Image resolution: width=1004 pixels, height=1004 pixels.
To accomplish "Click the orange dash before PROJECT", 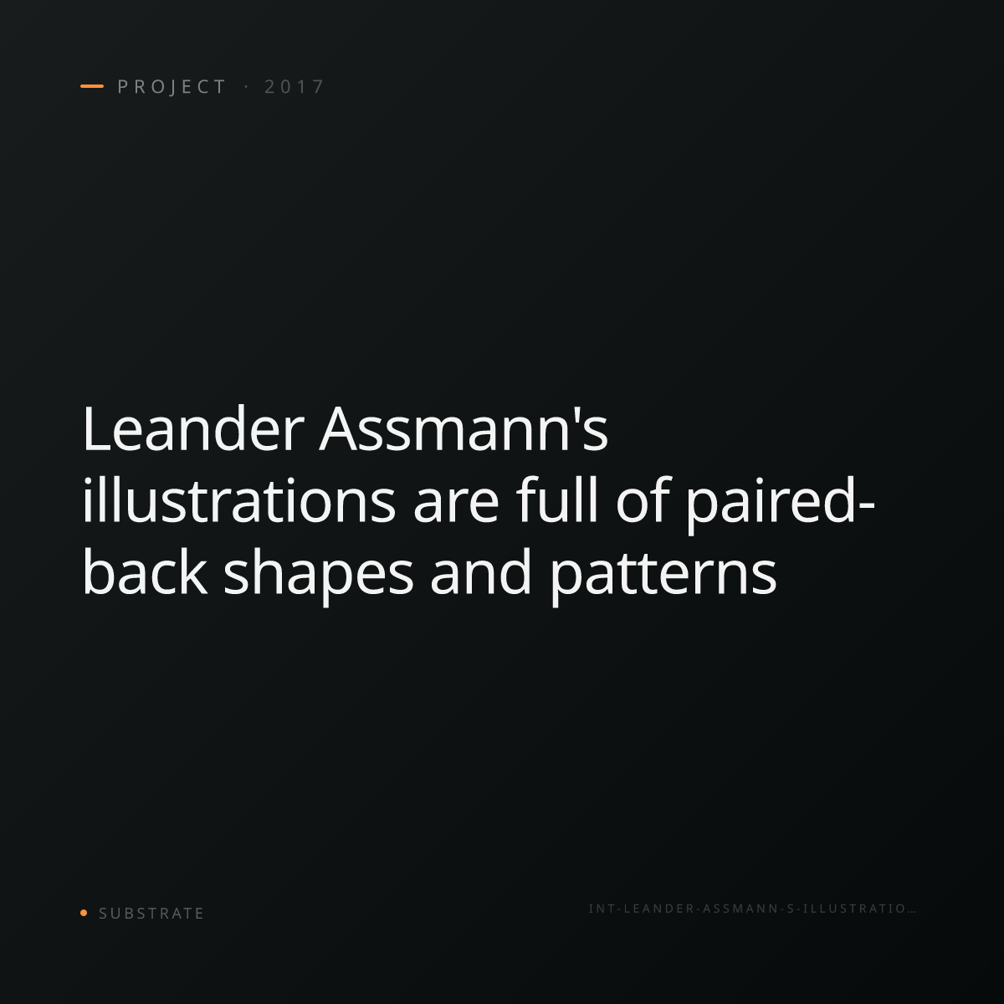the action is [x=92, y=86].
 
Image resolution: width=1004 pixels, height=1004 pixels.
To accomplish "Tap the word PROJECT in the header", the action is [x=172, y=87].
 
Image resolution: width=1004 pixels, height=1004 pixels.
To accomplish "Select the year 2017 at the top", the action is [x=295, y=87].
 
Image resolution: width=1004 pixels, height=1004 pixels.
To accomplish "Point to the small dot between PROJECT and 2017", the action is [x=246, y=87].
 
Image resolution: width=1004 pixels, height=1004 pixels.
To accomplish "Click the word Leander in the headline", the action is [x=192, y=429].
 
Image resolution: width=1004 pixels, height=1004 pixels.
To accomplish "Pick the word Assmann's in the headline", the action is [x=464, y=429].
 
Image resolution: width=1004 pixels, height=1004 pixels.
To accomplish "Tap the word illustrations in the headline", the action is [x=239, y=500].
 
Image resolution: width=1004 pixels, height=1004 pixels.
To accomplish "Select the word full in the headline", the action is [x=557, y=499].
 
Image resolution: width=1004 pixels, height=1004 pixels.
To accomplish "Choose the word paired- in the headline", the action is [x=781, y=505].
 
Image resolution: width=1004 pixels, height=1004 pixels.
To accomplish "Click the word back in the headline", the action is [x=145, y=571].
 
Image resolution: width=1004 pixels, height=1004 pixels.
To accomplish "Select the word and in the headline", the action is [x=480, y=571].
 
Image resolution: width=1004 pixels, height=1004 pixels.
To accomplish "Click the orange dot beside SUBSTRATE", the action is [x=84, y=912].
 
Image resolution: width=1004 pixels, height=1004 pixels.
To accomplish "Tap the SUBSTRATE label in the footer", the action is [x=151, y=913].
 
